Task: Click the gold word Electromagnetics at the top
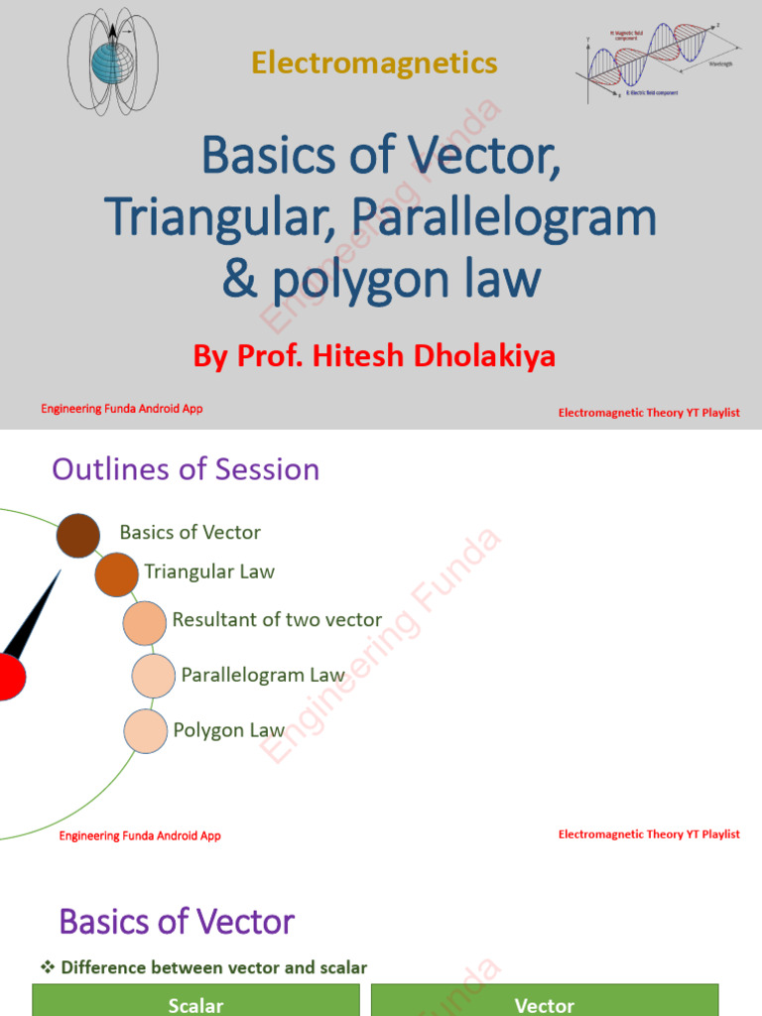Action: tap(374, 63)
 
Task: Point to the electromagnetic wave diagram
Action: tap(660, 62)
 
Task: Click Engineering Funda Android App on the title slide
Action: tap(121, 409)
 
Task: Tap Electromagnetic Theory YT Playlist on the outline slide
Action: tap(649, 834)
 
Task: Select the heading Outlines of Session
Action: tap(186, 469)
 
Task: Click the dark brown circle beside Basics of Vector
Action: tap(78, 536)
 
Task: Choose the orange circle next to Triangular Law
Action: tap(116, 574)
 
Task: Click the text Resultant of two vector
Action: tap(277, 620)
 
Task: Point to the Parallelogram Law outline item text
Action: tap(263, 675)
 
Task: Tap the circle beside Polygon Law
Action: tap(145, 731)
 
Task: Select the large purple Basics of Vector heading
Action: tap(177, 922)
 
